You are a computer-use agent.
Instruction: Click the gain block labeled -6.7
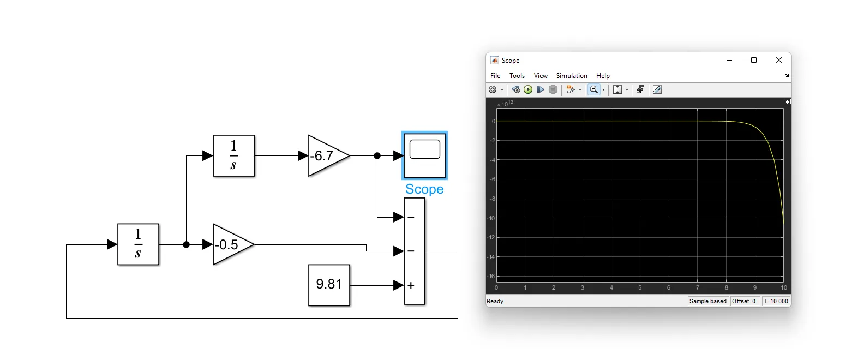coord(327,156)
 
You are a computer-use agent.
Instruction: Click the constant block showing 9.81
coord(329,285)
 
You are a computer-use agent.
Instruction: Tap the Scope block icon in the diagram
coord(424,155)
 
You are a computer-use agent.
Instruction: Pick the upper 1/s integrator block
coord(233,156)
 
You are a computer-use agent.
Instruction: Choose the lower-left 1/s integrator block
coord(138,244)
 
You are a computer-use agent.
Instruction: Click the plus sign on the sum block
coord(411,285)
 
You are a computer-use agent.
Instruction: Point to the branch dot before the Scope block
coord(377,156)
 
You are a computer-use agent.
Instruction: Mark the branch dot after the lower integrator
coord(186,244)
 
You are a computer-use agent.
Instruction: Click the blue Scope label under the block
coord(424,189)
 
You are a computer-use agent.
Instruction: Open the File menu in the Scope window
coord(495,76)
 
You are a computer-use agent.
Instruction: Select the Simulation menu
coord(572,76)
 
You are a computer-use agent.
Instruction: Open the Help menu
coord(603,76)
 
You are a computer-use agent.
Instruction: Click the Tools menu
coord(517,76)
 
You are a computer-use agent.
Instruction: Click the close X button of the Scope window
coord(779,60)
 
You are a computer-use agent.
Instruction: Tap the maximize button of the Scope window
coord(754,60)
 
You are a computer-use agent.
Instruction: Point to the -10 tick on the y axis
coord(491,218)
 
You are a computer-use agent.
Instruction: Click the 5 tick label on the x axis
coord(640,287)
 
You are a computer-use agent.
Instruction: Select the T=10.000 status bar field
coord(776,301)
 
